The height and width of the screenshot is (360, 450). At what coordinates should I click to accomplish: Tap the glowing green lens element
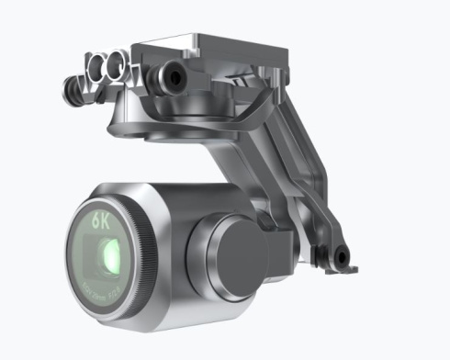(109, 253)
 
